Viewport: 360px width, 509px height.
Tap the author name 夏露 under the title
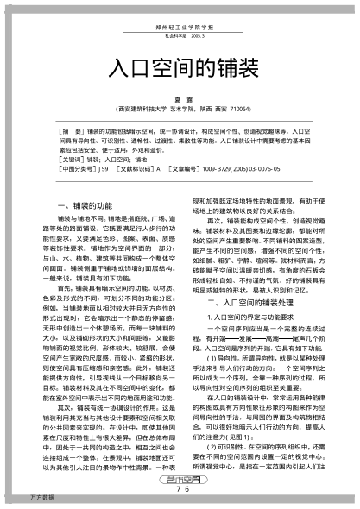click(180, 99)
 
